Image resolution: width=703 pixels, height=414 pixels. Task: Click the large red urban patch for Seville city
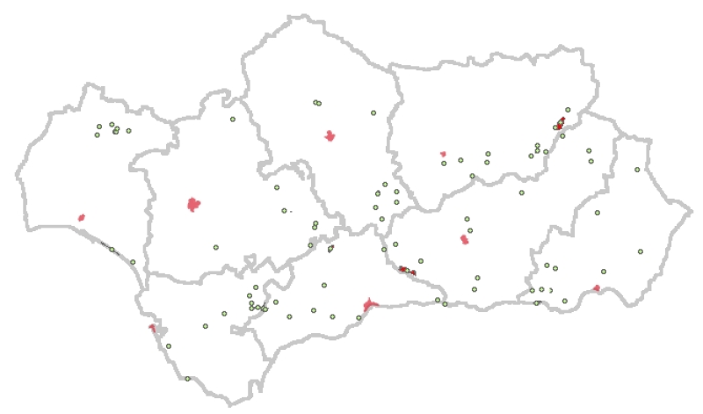coord(194,205)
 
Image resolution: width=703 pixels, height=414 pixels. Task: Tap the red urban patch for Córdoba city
coord(330,136)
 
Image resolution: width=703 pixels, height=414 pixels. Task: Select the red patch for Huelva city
coord(81,217)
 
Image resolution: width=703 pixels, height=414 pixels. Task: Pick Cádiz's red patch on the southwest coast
coord(153,329)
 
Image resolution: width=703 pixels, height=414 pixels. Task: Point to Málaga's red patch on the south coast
coord(370,304)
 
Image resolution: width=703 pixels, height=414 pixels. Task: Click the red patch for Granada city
coord(464,239)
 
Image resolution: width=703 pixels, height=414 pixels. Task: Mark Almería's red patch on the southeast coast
coord(597,288)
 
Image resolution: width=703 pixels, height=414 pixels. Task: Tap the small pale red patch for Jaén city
coord(443,154)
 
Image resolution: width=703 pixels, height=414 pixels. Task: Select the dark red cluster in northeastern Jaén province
coord(561,123)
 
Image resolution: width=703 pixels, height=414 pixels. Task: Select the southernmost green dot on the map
coord(187,379)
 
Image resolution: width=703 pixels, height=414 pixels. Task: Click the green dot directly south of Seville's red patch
coord(215,247)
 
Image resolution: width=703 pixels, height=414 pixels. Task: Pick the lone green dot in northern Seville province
coord(233,120)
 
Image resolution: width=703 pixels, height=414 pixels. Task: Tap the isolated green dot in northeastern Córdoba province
coord(373,113)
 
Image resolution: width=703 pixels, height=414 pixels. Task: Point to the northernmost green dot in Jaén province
coord(568,110)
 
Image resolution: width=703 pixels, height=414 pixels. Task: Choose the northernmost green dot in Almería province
coord(637,170)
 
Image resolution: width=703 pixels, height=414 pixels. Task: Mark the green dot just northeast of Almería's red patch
coord(603,272)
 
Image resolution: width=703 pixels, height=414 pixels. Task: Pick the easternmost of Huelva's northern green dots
coord(128,131)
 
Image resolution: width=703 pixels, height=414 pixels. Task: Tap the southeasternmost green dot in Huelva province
coord(133,262)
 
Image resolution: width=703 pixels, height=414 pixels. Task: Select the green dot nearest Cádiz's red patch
coord(161,333)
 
